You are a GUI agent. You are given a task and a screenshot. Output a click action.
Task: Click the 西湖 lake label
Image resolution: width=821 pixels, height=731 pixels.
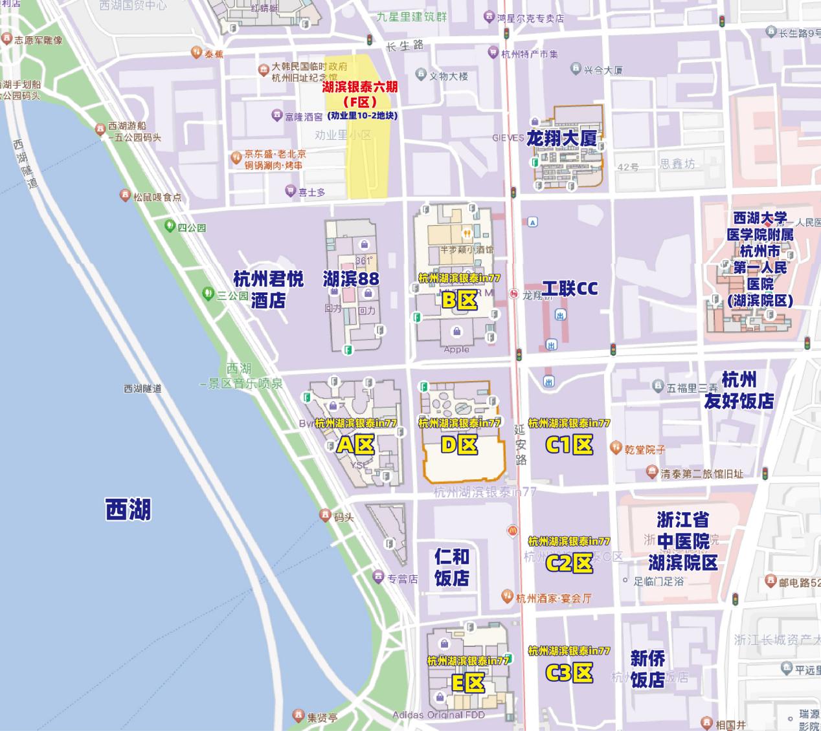(x=128, y=509)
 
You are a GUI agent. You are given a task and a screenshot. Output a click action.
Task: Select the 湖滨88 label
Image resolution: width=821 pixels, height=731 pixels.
(x=351, y=279)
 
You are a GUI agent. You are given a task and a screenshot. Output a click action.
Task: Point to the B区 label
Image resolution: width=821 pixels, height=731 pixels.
(x=459, y=300)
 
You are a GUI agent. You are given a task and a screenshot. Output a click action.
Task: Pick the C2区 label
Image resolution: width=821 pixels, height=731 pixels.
(x=569, y=563)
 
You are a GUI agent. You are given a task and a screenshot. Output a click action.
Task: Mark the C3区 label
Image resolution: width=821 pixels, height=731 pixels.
(x=569, y=673)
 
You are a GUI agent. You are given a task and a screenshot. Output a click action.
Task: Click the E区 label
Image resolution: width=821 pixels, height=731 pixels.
(x=467, y=682)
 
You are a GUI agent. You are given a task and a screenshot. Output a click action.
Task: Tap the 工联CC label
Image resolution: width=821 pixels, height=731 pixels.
(x=570, y=289)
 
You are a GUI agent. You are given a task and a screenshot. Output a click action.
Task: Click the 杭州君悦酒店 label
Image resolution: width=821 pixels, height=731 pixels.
(x=268, y=289)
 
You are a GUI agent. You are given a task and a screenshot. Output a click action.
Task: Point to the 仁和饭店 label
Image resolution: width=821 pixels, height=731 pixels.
(x=452, y=567)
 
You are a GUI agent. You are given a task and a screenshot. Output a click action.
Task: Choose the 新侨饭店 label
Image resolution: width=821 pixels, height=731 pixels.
(x=647, y=669)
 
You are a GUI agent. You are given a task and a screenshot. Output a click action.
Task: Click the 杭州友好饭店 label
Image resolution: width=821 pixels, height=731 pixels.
(x=739, y=390)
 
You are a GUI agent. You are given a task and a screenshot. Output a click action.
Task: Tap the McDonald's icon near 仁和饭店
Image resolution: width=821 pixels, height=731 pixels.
(x=512, y=530)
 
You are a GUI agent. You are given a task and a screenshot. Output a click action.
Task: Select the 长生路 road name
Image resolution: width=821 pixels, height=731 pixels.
(x=405, y=45)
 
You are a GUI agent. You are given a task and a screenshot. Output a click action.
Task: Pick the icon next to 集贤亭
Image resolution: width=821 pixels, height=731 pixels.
(x=298, y=716)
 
